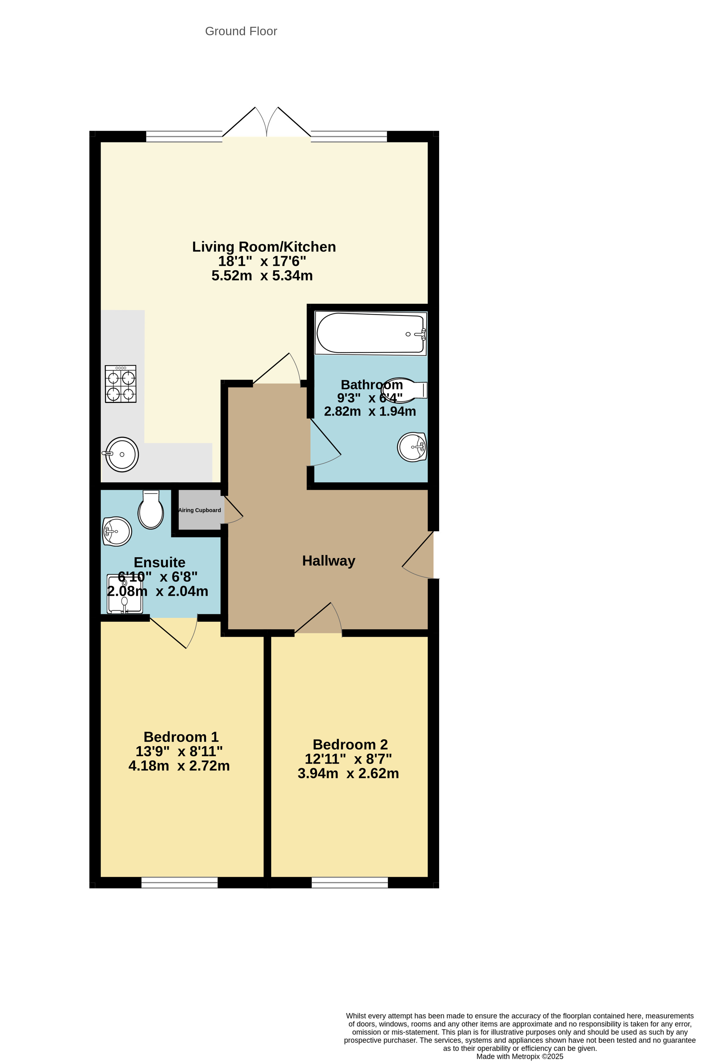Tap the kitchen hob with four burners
pos(121,384)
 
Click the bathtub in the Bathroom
pos(371,333)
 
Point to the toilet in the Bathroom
pos(404,390)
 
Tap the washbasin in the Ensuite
pos(117,531)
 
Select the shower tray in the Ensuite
pos(125,593)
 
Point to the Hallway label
pos(328,561)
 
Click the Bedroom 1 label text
pos(181,737)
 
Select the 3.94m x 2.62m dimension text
pos(348,773)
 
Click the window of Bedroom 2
pos(350,882)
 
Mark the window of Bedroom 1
pos(180,882)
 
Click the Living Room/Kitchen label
pos(264,247)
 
